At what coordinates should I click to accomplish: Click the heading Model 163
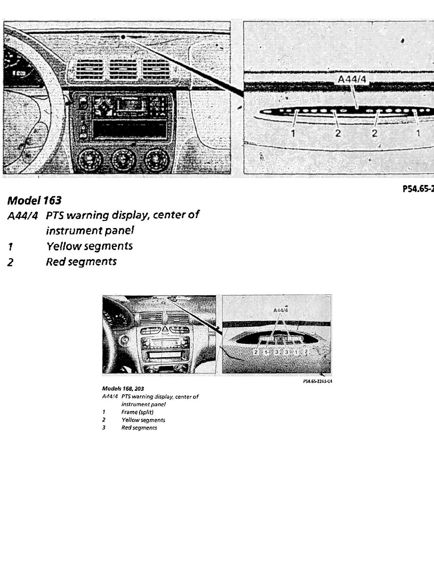[x=34, y=201]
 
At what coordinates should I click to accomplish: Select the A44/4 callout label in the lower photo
[x=280, y=310]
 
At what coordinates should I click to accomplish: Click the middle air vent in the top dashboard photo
[x=123, y=70]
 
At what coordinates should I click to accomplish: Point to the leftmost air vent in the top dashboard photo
[x=90, y=70]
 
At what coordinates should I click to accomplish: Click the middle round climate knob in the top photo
[x=123, y=160]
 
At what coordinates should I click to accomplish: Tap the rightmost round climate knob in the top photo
[x=156, y=160]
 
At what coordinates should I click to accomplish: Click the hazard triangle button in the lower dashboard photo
[x=165, y=330]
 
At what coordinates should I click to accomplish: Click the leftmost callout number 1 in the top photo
[x=293, y=133]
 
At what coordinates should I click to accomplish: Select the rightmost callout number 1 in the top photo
[x=418, y=133]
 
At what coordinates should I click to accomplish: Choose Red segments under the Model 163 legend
[x=81, y=262]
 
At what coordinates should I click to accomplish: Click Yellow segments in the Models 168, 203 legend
[x=143, y=420]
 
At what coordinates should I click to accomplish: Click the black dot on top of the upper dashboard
[x=122, y=36]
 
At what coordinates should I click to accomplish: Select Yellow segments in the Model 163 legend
[x=89, y=246]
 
